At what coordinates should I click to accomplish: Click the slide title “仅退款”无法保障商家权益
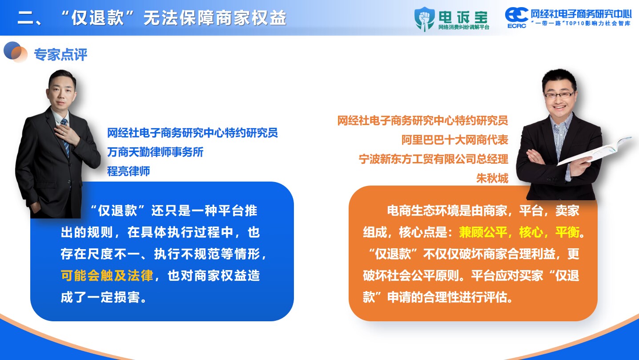(x=173, y=18)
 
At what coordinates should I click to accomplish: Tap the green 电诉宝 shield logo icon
(x=425, y=19)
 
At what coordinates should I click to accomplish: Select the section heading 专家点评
(x=60, y=54)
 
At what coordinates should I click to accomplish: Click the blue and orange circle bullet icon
(x=16, y=52)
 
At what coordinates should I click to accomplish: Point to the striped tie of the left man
(x=66, y=137)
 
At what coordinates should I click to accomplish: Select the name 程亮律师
(x=129, y=171)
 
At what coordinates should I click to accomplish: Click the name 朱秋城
(x=492, y=178)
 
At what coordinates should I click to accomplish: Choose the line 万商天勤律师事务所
(x=155, y=152)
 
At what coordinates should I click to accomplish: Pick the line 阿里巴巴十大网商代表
(x=455, y=140)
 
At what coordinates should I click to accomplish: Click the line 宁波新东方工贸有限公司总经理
(x=434, y=159)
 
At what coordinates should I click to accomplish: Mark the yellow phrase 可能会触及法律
(x=107, y=276)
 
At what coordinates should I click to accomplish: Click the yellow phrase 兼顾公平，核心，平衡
(x=519, y=232)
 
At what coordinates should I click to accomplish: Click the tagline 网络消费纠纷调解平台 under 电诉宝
(x=464, y=27)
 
